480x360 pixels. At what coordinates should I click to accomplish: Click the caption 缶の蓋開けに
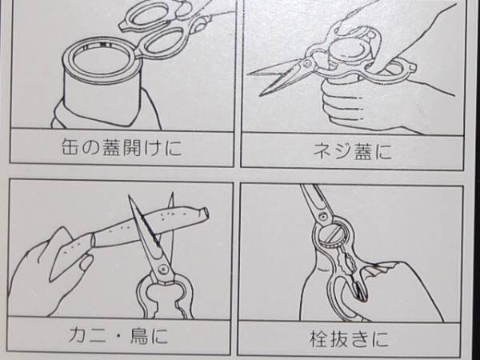(x=122, y=147)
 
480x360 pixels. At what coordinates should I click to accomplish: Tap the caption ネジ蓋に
(x=352, y=151)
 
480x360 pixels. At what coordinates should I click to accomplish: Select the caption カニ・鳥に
(x=118, y=336)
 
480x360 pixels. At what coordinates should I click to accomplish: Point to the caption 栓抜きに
(x=349, y=338)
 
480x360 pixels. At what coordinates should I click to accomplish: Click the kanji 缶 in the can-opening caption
(x=70, y=147)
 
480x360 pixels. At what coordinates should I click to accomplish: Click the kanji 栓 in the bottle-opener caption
(x=319, y=338)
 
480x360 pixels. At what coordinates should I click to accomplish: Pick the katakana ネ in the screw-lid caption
(x=322, y=151)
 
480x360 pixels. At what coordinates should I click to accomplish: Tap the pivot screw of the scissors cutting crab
(x=162, y=270)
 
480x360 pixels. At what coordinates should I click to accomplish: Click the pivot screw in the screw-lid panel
(x=307, y=63)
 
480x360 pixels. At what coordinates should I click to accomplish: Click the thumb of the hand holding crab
(x=85, y=264)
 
